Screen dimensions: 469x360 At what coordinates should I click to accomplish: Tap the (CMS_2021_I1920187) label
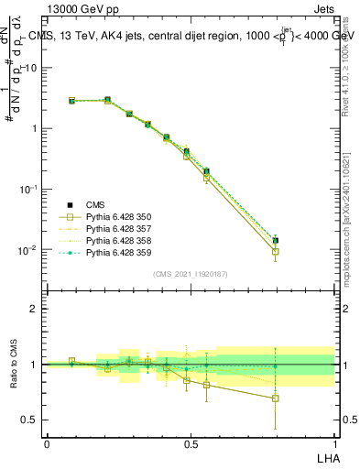[x=191, y=274]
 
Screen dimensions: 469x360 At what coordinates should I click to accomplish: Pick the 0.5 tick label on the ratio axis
[x=30, y=420]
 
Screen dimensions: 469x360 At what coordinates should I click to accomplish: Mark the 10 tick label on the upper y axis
[x=30, y=68]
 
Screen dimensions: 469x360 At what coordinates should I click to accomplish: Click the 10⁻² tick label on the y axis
[x=27, y=249]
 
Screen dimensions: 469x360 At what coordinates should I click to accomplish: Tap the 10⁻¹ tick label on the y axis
[x=27, y=189]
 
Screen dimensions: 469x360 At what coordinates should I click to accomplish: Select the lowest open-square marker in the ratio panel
[x=276, y=398]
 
